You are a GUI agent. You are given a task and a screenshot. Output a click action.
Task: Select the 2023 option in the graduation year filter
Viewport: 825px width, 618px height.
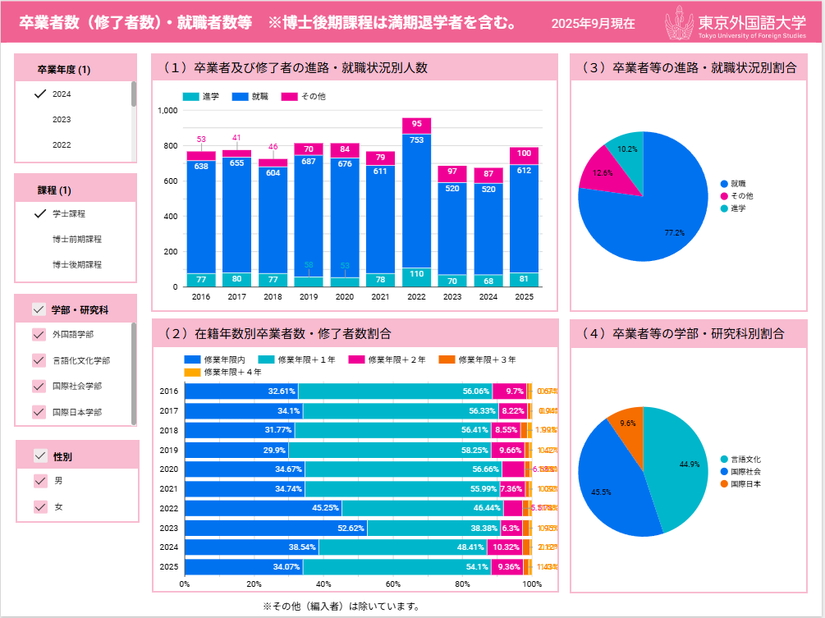click(x=62, y=120)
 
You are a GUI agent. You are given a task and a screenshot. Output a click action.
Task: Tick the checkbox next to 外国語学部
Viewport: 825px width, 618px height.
click(x=39, y=335)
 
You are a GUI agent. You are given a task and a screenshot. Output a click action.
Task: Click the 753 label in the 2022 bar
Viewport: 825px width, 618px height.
click(x=417, y=140)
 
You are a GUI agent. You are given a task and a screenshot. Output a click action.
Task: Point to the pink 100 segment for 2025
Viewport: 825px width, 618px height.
click(x=524, y=153)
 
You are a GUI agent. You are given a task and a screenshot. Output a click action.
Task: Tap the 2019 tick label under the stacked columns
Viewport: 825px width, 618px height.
click(x=309, y=297)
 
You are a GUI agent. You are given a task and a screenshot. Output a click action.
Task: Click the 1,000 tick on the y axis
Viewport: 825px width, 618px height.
click(x=167, y=110)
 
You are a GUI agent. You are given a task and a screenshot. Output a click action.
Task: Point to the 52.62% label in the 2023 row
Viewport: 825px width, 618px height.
click(x=349, y=529)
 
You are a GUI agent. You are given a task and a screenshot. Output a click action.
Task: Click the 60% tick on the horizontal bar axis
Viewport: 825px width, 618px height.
click(x=393, y=584)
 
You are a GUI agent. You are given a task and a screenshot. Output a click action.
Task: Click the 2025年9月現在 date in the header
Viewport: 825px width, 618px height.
click(x=593, y=24)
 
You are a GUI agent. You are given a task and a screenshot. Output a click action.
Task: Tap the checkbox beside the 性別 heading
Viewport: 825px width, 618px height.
click(x=40, y=455)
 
